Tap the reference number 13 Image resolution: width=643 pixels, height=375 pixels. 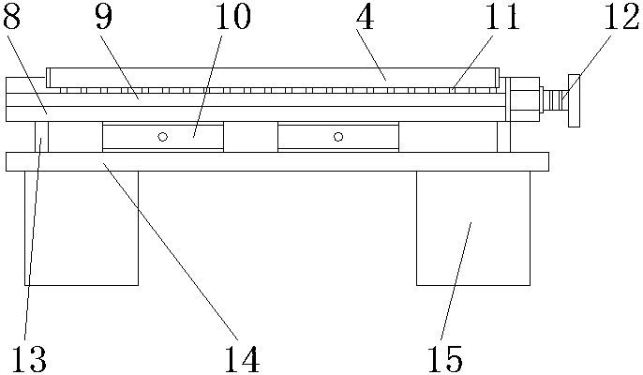(x=27, y=357)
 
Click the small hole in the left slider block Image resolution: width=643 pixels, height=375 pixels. (x=162, y=137)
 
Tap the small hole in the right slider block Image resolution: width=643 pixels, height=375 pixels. (x=338, y=137)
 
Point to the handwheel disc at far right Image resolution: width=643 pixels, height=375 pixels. (x=574, y=99)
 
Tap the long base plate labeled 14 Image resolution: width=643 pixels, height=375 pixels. (x=277, y=161)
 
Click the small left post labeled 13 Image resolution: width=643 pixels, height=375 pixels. (x=42, y=136)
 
